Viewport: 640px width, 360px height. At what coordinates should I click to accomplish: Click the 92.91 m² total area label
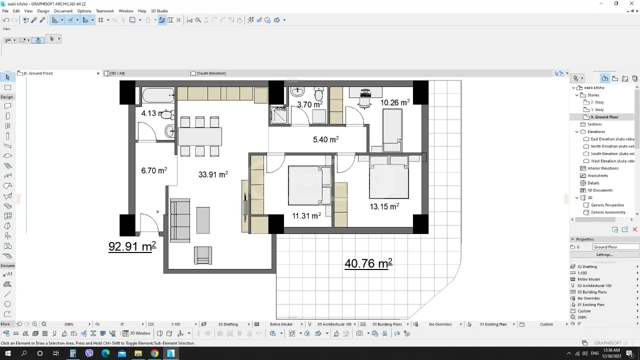click(x=132, y=246)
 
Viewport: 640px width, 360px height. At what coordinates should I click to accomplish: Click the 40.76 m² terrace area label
click(x=368, y=263)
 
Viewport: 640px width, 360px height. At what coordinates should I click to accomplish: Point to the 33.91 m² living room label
click(x=213, y=174)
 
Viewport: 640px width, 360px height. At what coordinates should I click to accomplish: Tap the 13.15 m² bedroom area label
click(x=384, y=206)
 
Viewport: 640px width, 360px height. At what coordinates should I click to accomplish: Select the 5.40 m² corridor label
click(x=325, y=139)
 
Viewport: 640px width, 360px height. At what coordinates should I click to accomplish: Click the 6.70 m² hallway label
click(x=154, y=170)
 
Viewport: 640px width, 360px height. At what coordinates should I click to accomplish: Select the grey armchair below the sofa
click(x=203, y=255)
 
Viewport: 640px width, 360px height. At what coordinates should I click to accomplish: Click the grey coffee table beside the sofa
click(x=203, y=220)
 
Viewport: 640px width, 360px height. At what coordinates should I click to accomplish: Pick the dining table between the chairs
click(x=200, y=136)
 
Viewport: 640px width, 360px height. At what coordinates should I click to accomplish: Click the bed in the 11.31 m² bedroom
click(x=309, y=185)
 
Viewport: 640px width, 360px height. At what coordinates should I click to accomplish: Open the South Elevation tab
click(x=211, y=73)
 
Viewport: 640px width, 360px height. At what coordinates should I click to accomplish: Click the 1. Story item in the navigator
click(x=597, y=109)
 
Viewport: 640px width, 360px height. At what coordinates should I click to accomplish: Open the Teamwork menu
click(x=105, y=11)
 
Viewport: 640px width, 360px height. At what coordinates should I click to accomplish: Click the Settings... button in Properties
click(x=604, y=254)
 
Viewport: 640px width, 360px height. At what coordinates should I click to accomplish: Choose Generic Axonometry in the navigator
click(x=608, y=212)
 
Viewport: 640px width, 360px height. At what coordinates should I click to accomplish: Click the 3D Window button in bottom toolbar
click(x=137, y=333)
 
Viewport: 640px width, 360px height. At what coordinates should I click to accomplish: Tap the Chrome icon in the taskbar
click(x=154, y=353)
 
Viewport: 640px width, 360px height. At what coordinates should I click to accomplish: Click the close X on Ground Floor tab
click(x=98, y=73)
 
